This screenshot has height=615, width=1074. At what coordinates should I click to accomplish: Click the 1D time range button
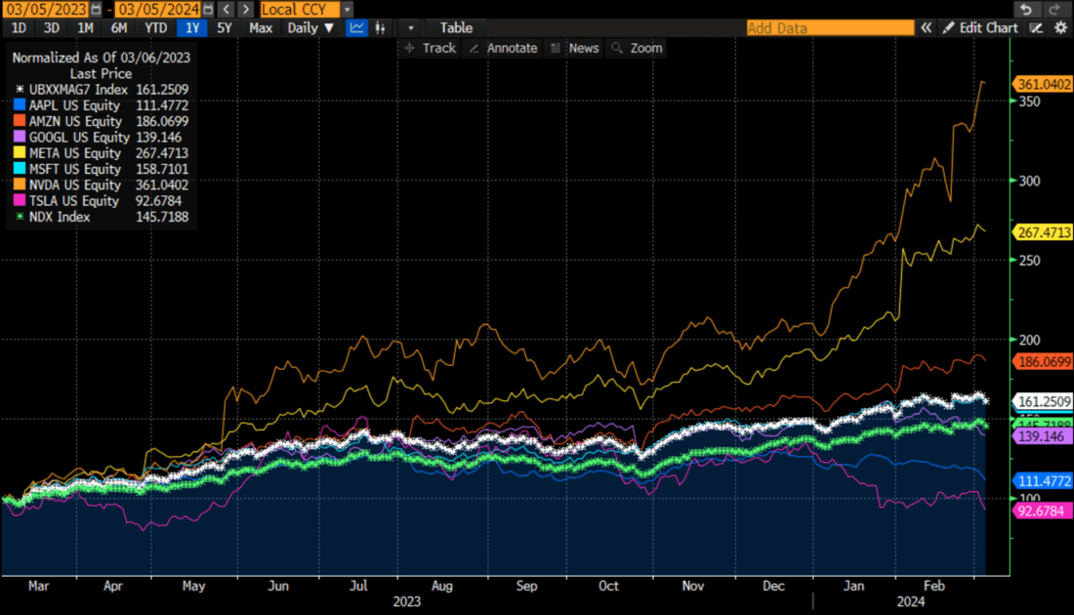pyautogui.click(x=19, y=28)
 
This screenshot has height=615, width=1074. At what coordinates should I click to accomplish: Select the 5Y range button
pyautogui.click(x=225, y=28)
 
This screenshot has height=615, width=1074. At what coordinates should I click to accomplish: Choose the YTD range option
pyautogui.click(x=156, y=28)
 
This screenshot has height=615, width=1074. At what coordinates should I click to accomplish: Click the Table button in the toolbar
pyautogui.click(x=456, y=28)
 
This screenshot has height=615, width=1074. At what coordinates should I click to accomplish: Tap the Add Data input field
pyautogui.click(x=830, y=28)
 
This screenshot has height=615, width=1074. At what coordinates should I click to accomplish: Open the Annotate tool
pyautogui.click(x=503, y=48)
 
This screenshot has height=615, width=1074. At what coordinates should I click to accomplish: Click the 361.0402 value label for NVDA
pyautogui.click(x=1045, y=85)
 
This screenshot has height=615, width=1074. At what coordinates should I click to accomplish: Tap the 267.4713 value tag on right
pyautogui.click(x=1045, y=233)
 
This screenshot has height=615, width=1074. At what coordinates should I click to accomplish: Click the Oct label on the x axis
pyautogui.click(x=608, y=587)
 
